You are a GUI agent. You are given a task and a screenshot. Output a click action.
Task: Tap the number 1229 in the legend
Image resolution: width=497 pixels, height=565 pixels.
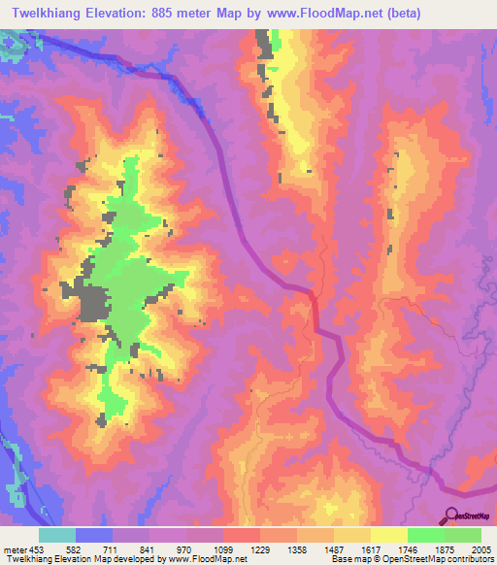pos(262,550)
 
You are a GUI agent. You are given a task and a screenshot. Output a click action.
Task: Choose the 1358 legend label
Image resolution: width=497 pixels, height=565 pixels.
pos(299,550)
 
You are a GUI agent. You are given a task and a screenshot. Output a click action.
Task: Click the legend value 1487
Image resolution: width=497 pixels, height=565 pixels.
pos(336,550)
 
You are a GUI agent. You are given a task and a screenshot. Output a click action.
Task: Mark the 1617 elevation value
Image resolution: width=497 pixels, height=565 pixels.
pos(373,550)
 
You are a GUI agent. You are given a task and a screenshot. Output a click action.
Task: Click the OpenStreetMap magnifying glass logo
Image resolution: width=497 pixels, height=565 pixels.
pos(451,515)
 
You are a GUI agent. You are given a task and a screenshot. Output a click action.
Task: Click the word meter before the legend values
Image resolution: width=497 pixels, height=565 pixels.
pos(17,550)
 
